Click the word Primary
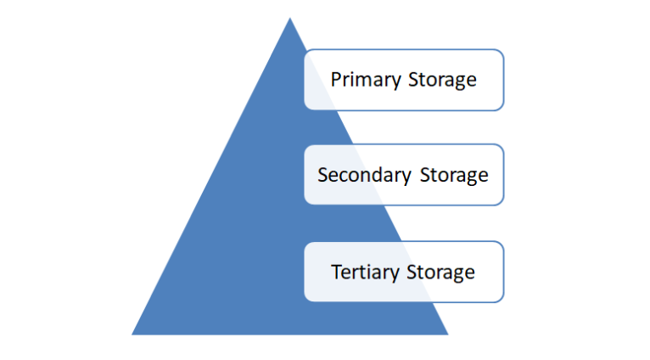[x=365, y=80]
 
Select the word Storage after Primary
[x=440, y=80]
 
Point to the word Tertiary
[x=366, y=273]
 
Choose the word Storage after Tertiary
[x=440, y=273]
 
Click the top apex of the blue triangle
[x=289, y=18]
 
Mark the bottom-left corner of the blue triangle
[x=132, y=334]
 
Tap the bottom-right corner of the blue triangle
[x=448, y=334]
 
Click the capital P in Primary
[x=336, y=80]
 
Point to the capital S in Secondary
[x=322, y=175]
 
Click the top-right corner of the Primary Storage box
[x=502, y=51]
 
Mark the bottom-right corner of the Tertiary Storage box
[x=502, y=300]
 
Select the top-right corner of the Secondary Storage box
[x=502, y=146]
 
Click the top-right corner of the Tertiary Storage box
[x=502, y=243]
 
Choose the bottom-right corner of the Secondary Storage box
[x=502, y=203]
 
